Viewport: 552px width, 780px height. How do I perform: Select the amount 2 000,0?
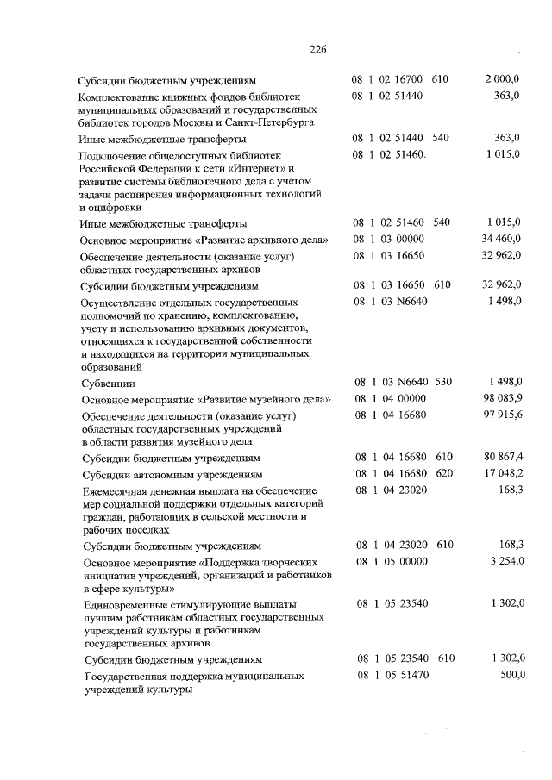pyautogui.click(x=502, y=79)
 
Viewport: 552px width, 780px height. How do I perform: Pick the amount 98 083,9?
pyautogui.click(x=499, y=399)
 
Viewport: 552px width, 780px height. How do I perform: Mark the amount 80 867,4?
pyautogui.click(x=499, y=457)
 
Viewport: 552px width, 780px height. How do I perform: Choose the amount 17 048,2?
pyautogui.click(x=499, y=473)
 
